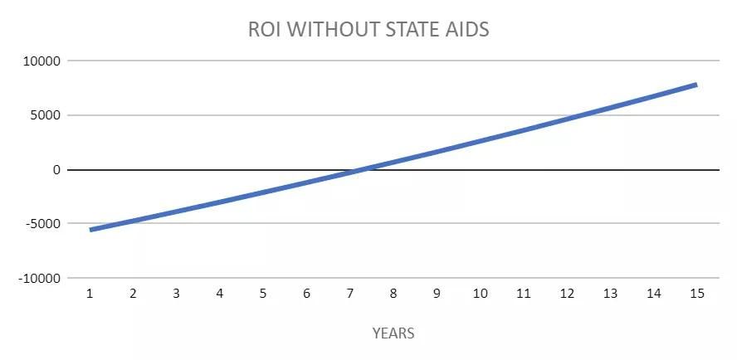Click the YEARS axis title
(x=393, y=333)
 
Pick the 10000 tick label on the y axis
(x=42, y=61)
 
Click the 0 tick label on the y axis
(x=57, y=170)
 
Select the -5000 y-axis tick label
(x=44, y=224)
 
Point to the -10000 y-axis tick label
(x=40, y=278)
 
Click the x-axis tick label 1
(x=90, y=294)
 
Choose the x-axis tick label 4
(x=219, y=294)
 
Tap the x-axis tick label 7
(x=349, y=294)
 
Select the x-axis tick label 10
(x=480, y=294)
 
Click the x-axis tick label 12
(x=567, y=294)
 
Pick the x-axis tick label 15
(x=697, y=294)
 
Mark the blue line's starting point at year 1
(x=90, y=230)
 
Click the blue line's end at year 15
(x=696, y=85)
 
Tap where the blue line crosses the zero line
(x=362, y=170)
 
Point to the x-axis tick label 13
(x=610, y=294)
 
